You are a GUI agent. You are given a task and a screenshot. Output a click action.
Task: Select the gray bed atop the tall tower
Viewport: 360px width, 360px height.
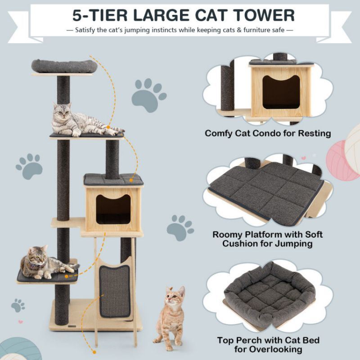pos(64,66)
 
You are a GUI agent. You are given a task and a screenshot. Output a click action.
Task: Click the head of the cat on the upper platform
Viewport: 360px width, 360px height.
pos(62,111)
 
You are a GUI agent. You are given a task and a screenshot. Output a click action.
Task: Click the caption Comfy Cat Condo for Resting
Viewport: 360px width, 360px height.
pos(268,133)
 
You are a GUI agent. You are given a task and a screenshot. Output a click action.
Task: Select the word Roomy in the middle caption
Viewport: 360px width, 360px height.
pos(228,235)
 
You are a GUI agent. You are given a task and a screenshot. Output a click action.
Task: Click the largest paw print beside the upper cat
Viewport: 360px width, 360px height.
pos(148,93)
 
